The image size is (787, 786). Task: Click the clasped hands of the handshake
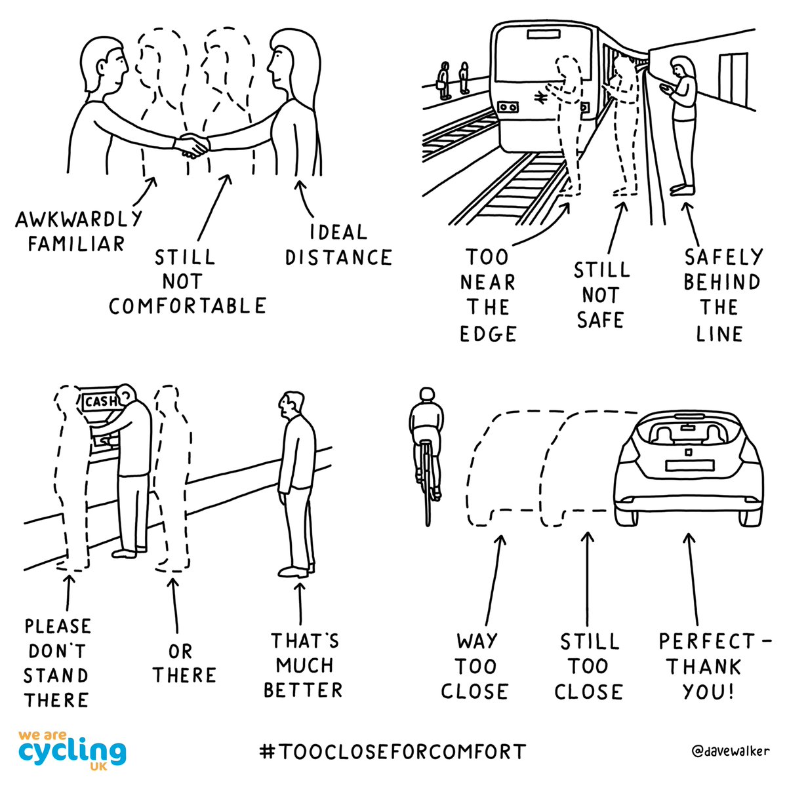pyautogui.click(x=193, y=146)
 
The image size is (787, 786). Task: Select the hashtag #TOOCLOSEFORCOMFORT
pyautogui.click(x=393, y=751)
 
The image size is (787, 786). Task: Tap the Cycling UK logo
pyautogui.click(x=72, y=747)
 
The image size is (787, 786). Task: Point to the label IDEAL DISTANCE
pyautogui.click(x=338, y=245)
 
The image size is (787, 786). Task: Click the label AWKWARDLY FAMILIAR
pyautogui.click(x=78, y=231)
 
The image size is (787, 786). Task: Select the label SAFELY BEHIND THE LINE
pyautogui.click(x=721, y=295)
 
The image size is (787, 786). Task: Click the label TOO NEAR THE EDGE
pyautogui.click(x=488, y=295)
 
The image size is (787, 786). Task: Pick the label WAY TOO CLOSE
pyautogui.click(x=475, y=666)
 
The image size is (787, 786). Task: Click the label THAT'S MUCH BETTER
pyautogui.click(x=305, y=665)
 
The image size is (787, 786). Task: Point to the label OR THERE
pyautogui.click(x=184, y=663)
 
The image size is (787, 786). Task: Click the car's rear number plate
pyautogui.click(x=689, y=465)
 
